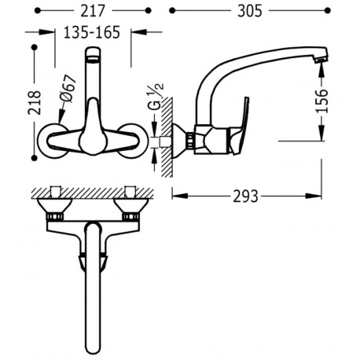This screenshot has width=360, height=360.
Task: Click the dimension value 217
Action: [93, 11]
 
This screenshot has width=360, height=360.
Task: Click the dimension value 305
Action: [250, 11]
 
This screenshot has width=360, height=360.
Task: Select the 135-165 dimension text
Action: [92, 32]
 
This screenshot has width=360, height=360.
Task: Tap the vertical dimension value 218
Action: [35, 102]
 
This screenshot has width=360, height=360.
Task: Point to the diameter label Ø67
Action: [68, 89]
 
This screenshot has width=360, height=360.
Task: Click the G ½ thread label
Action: [156, 96]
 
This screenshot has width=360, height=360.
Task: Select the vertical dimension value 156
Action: [321, 101]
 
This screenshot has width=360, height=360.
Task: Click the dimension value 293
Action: [245, 197]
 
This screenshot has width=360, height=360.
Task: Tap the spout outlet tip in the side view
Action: [321, 60]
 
